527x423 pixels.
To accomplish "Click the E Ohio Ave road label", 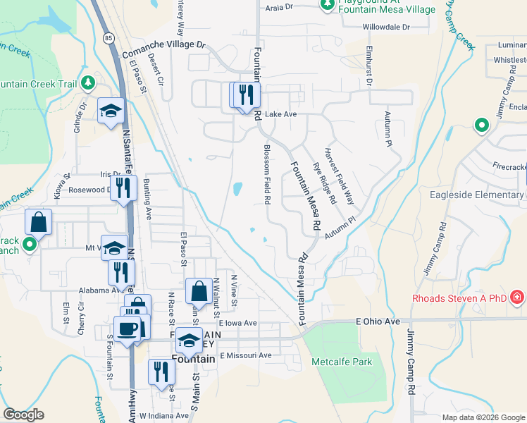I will (x=378, y=321).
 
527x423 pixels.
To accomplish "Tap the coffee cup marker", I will (x=127, y=329).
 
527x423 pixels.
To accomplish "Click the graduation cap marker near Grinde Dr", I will (x=111, y=111).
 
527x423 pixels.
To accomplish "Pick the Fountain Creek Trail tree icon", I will (x=87, y=83).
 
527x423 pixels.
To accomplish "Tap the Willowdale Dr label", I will (x=385, y=27).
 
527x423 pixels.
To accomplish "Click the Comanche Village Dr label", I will (x=163, y=44).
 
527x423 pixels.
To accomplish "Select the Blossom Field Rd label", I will (x=267, y=175).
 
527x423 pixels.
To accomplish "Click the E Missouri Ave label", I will (x=245, y=355).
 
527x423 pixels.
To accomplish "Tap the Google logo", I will (x=23, y=415).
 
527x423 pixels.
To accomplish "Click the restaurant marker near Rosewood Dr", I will (x=124, y=188).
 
